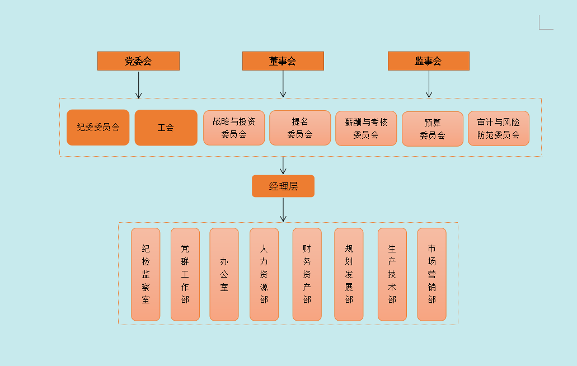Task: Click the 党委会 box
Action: click(x=138, y=61)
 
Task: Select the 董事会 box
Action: click(x=283, y=61)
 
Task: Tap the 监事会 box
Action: click(x=428, y=61)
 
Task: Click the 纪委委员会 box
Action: click(x=98, y=127)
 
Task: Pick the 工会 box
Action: click(x=166, y=128)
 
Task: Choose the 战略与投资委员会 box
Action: click(x=234, y=128)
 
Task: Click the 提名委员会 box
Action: click(x=300, y=128)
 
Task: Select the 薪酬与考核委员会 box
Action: click(x=366, y=128)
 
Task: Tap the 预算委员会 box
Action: click(x=433, y=129)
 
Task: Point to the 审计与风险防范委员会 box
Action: click(x=498, y=128)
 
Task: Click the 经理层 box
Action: click(x=283, y=186)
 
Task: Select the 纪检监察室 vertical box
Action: click(x=146, y=274)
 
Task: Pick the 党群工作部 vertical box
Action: click(x=185, y=274)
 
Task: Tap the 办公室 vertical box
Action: click(x=224, y=274)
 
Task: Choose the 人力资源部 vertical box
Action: click(x=264, y=274)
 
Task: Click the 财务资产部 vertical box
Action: click(x=307, y=274)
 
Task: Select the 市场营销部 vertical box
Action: click(x=431, y=274)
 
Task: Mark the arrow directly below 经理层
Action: click(x=283, y=210)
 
